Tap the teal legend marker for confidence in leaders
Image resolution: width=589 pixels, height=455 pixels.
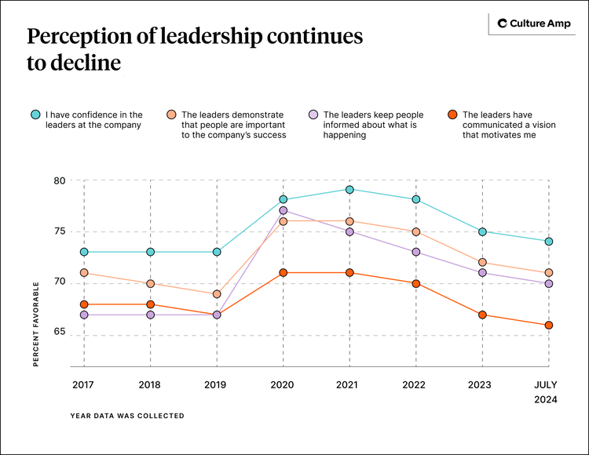pos(35,115)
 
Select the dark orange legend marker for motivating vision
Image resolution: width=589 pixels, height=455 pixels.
pos(452,115)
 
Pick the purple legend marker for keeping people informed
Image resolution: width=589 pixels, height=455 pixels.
pos(313,115)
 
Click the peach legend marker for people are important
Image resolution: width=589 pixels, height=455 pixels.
pos(170,115)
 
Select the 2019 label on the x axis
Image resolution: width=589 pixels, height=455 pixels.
pos(216,384)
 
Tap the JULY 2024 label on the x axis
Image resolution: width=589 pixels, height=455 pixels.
pos(547,391)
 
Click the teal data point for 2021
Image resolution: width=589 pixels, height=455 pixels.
pos(349,190)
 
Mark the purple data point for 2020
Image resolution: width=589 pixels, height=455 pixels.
pos(283,210)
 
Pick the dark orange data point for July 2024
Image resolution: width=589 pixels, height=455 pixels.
pos(549,325)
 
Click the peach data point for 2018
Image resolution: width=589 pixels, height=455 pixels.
pos(150,283)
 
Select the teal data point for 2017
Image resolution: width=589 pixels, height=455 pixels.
pos(83,252)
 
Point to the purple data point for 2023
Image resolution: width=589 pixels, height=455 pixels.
pos(482,273)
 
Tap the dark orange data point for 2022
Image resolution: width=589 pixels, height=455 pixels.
pos(416,283)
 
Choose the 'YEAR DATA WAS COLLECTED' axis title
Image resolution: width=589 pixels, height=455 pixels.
pos(127,416)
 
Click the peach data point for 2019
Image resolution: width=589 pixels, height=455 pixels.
pos(216,293)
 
